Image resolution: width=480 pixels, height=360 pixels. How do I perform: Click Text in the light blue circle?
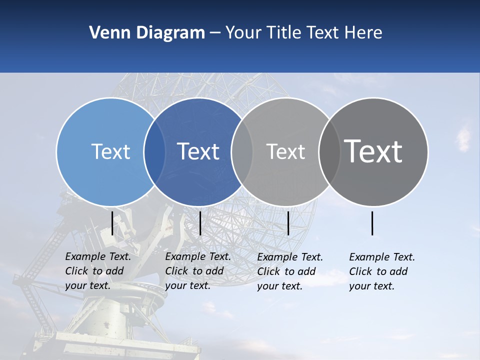[110, 151]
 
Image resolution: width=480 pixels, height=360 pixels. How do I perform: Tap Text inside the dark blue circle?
[198, 151]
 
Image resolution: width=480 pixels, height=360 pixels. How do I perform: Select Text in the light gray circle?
[285, 151]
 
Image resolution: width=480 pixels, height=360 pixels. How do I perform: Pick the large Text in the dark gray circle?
[373, 151]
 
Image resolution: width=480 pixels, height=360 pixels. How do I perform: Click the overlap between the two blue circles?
[154, 151]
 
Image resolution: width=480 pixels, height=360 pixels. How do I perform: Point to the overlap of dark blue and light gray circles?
[242, 151]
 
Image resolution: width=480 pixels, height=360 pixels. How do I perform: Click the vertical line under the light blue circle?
[112, 223]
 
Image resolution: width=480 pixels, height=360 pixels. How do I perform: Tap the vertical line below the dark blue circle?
[200, 223]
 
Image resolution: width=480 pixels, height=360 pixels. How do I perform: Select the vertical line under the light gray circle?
[288, 223]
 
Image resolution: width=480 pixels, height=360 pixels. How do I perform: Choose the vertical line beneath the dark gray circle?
[372, 223]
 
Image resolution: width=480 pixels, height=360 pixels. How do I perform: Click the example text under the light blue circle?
[97, 271]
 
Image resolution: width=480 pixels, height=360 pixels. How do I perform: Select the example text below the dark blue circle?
[197, 271]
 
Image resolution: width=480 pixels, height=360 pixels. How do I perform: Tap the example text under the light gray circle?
[289, 271]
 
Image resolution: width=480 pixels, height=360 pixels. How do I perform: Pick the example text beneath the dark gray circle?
[381, 271]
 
